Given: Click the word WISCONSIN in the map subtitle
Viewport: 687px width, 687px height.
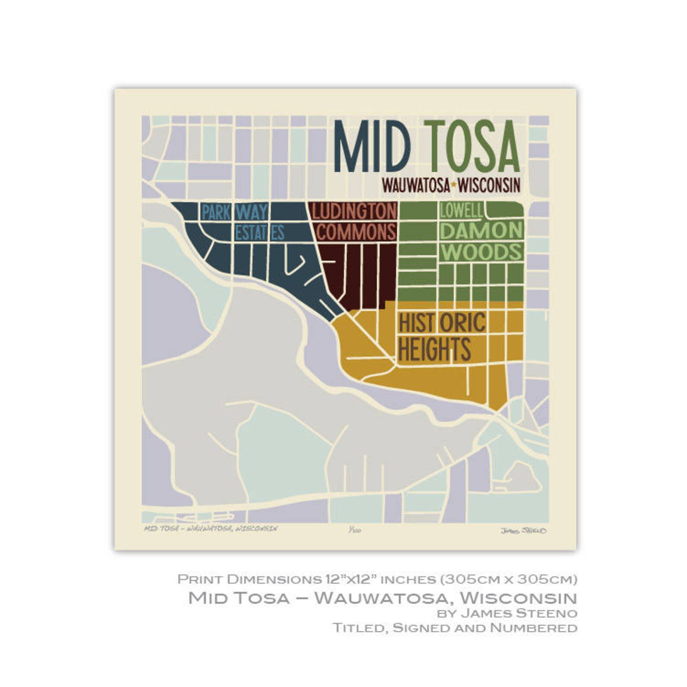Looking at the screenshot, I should (489, 186).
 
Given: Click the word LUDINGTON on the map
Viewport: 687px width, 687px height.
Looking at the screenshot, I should (354, 212).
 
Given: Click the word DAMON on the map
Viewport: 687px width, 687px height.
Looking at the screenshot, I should (481, 231).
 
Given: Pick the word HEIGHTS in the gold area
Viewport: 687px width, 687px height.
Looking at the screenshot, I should (434, 349).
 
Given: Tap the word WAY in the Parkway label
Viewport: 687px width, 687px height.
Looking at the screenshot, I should (252, 212).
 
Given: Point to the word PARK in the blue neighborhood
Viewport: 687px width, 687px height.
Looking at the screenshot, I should (216, 212).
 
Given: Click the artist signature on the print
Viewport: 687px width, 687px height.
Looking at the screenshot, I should (523, 530).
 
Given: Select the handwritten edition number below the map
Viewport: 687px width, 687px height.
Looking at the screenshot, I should (354, 530).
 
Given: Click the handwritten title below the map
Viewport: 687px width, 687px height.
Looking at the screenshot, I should (210, 529).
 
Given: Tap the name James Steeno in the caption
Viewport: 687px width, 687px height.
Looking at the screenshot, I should (519, 613).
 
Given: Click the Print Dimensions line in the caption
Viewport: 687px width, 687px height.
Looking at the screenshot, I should (377, 578).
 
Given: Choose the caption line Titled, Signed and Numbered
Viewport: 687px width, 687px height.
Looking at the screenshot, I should (455, 628).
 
